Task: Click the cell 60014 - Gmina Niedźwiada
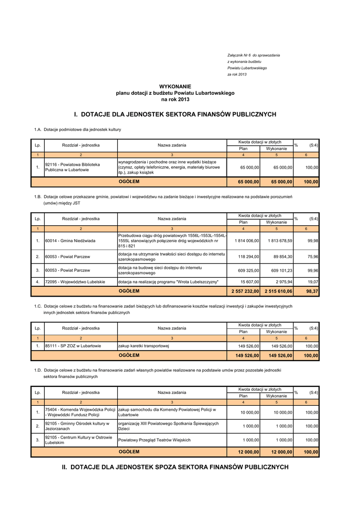pyautogui.click(x=70, y=241)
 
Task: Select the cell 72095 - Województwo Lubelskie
pyautogui.click(x=75, y=282)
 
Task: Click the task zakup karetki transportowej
pyautogui.click(x=144, y=346)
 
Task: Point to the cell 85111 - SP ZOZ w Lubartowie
pyautogui.click(x=73, y=346)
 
